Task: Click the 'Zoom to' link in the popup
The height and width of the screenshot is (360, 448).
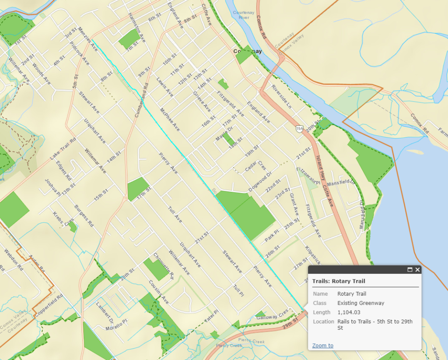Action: click(x=322, y=346)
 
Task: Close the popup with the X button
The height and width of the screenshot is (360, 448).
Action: click(x=417, y=270)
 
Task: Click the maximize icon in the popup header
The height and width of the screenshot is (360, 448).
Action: click(x=410, y=270)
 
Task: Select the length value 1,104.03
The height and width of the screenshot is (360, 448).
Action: click(x=349, y=312)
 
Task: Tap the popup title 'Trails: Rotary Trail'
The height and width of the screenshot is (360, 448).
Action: click(x=339, y=281)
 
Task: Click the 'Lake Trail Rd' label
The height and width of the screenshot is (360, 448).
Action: click(x=63, y=149)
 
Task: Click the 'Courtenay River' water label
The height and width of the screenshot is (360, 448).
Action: click(x=244, y=15)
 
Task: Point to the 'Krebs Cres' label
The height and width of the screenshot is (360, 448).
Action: click(x=63, y=219)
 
